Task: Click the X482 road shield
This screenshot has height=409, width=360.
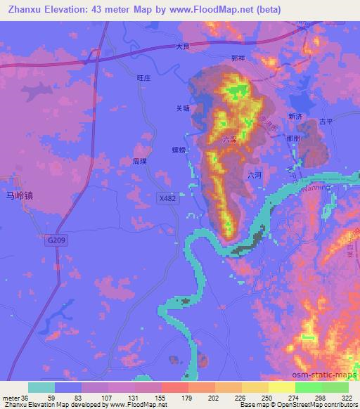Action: tap(167, 200)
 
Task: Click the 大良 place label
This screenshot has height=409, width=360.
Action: tap(184, 48)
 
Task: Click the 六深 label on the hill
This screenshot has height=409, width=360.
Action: tap(229, 140)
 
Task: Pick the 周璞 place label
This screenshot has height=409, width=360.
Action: tap(140, 161)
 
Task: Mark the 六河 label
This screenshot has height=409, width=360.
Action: tap(255, 176)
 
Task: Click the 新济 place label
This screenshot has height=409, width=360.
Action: tap(295, 117)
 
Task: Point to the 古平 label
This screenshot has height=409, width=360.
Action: tap(325, 122)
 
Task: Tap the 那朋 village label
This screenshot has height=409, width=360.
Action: tap(293, 139)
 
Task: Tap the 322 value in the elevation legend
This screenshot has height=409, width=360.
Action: tap(346, 397)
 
